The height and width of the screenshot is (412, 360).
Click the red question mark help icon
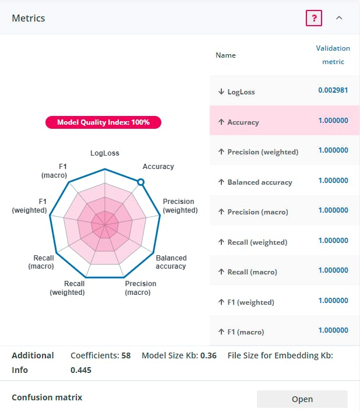click(314, 18)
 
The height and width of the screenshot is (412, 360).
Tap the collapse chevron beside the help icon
click(339, 18)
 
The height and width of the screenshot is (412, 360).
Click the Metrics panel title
click(29, 18)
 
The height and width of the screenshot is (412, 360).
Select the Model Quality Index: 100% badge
click(103, 122)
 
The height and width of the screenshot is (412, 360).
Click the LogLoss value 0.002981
click(333, 90)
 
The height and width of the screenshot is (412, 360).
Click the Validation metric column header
click(333, 55)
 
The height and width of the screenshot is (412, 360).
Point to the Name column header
click(225, 55)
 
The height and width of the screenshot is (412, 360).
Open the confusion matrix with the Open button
click(302, 399)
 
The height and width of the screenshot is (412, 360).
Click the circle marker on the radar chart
click(140, 182)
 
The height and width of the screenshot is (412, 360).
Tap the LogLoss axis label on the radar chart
click(105, 153)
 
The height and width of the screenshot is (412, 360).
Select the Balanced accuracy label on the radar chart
click(171, 262)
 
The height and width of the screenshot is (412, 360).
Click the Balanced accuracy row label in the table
click(259, 182)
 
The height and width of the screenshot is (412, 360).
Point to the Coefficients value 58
click(126, 355)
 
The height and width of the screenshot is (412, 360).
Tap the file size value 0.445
click(81, 370)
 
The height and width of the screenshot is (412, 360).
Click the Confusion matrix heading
click(47, 397)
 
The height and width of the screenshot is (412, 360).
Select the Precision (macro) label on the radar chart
click(140, 288)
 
